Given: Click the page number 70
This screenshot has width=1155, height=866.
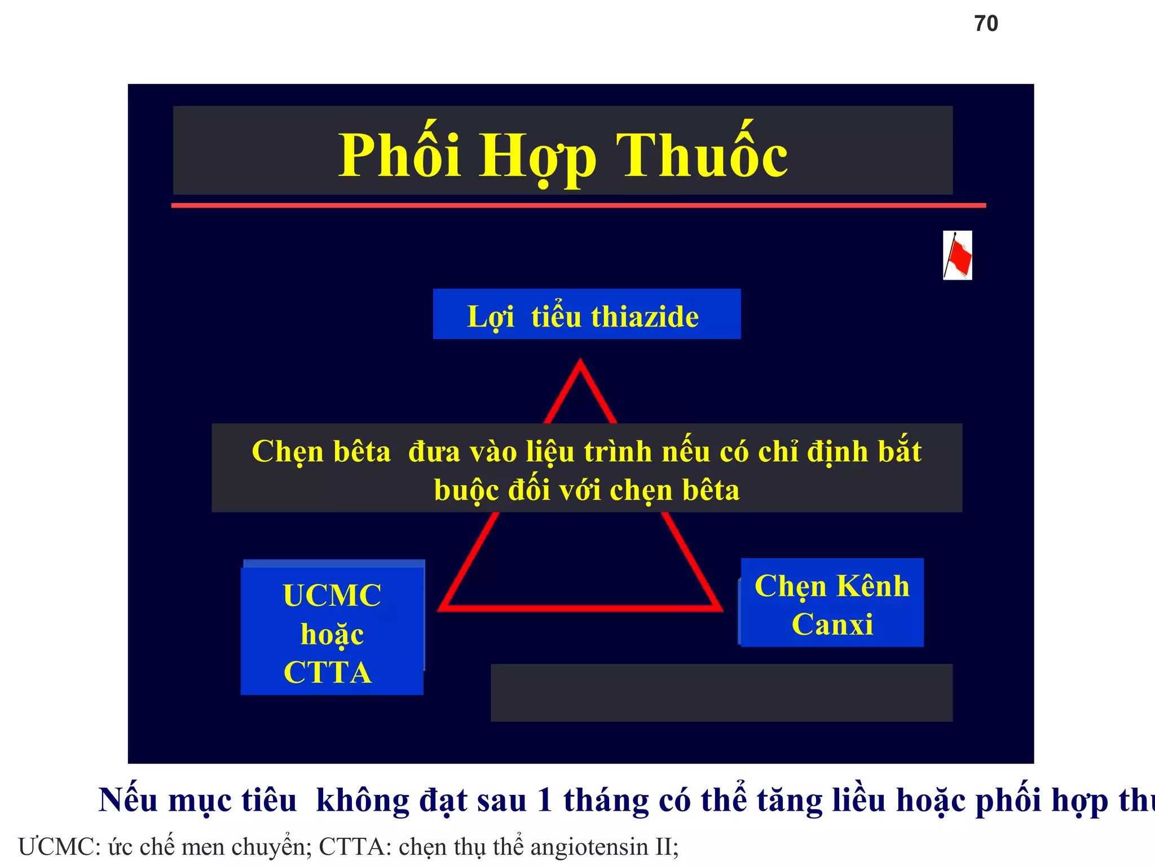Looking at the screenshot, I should tap(986, 24).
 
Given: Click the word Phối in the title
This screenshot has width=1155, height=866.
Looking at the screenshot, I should tap(399, 155).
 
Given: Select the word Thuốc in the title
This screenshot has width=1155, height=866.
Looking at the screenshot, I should tap(702, 155).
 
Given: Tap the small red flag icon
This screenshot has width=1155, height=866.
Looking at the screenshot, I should tap(958, 255).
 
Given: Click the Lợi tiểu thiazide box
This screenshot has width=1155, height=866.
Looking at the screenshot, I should tap(587, 314).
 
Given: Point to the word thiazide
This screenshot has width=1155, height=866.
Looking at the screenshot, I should tap(645, 316).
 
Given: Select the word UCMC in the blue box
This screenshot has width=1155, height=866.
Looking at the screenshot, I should tap(332, 595).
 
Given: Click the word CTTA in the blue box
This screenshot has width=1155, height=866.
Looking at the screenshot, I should tap(328, 672).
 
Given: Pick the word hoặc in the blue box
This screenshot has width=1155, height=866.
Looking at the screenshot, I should tap(332, 634).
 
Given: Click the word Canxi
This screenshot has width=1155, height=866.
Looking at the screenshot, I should tap(832, 624).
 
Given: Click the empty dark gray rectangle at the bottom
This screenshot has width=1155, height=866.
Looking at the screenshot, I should tap(721, 692).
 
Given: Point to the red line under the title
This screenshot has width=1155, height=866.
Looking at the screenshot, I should tap(578, 206).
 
